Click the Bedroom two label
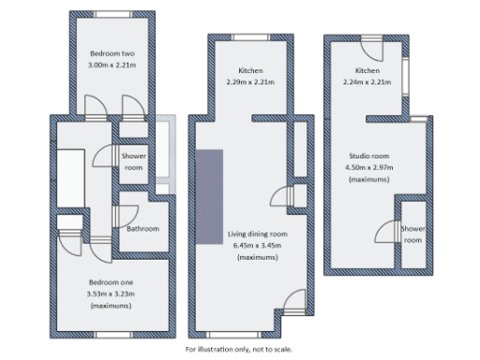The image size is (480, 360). pos(111,54)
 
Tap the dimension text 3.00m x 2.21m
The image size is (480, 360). pos(111,66)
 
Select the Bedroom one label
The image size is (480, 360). pos(112,282)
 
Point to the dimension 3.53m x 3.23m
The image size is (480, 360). pos(112,294)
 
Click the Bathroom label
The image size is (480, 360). pos(142,229)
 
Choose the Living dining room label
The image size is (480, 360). pos(257,233)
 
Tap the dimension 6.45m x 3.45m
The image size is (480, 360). pos(257,245)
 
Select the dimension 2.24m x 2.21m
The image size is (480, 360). pos(367,82)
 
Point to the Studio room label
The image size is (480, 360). pos(367,155)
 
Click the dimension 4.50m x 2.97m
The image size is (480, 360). pos(367,166)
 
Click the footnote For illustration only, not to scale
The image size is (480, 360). pos(239,349)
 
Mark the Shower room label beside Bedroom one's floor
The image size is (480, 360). pos(133,162)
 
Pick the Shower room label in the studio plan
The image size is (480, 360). pos(412,233)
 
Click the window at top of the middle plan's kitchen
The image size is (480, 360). pos(248,37)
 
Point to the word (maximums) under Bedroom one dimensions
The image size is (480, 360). pos(112,307)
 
